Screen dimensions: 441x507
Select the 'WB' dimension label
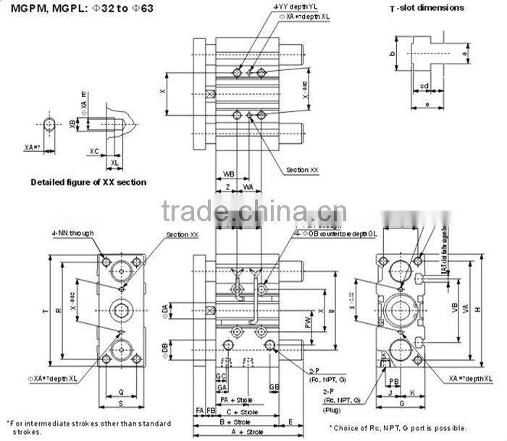click(228, 174)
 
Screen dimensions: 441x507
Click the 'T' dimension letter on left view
click(45, 312)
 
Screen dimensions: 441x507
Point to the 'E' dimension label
click(290, 421)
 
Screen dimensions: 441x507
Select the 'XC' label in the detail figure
click(93, 151)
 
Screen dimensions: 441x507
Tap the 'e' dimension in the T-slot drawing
click(427, 105)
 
